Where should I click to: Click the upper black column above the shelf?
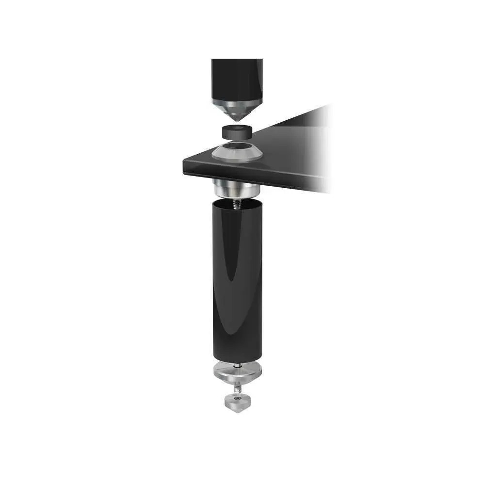pyautogui.click(x=237, y=78)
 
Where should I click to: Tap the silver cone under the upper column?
pyautogui.click(x=237, y=109)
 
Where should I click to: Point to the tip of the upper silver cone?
pyautogui.click(x=237, y=121)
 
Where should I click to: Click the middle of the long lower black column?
pyautogui.click(x=237, y=281)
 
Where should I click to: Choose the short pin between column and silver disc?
pyautogui.click(x=237, y=365)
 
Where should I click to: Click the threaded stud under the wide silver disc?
pyautogui.click(x=236, y=388)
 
